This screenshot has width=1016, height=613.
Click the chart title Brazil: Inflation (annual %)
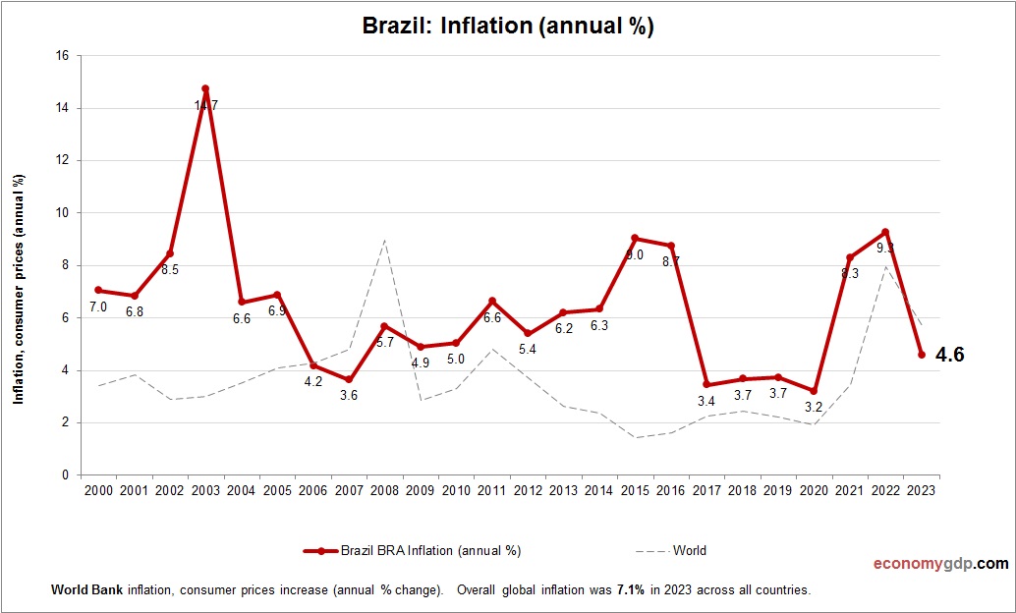click(x=508, y=28)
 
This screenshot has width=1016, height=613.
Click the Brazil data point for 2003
click(x=205, y=89)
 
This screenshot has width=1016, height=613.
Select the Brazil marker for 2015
click(x=635, y=239)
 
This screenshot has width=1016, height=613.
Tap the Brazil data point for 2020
click(x=814, y=391)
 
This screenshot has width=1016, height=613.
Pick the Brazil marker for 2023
click(x=921, y=355)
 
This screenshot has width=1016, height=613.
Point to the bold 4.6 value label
click(x=949, y=356)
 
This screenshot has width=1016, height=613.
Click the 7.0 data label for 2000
click(x=98, y=307)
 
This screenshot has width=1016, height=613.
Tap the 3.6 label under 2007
click(x=349, y=395)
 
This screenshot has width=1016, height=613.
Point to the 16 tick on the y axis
click(x=61, y=56)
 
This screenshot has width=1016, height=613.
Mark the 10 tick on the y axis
click(x=61, y=213)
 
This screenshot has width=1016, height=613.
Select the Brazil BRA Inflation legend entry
click(x=414, y=551)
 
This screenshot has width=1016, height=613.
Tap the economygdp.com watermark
click(x=940, y=564)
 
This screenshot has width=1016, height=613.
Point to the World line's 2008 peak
click(x=384, y=240)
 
